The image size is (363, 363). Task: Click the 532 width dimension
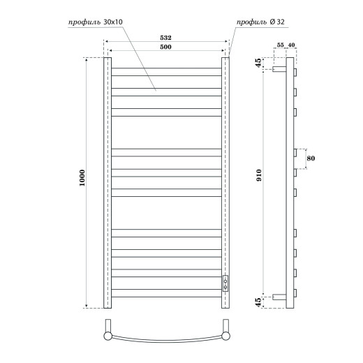click(166, 39)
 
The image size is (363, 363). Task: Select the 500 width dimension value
click(166, 47)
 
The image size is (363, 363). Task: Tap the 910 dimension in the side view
click(259, 178)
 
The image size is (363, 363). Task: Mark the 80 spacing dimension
click(311, 158)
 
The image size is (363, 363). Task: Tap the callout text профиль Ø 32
click(260, 22)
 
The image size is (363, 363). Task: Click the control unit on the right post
click(225, 283)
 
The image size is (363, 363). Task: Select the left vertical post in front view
click(108, 183)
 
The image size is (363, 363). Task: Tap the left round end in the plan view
click(108, 337)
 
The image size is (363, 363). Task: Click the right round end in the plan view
click(225, 337)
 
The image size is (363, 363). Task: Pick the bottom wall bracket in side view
click(279, 295)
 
